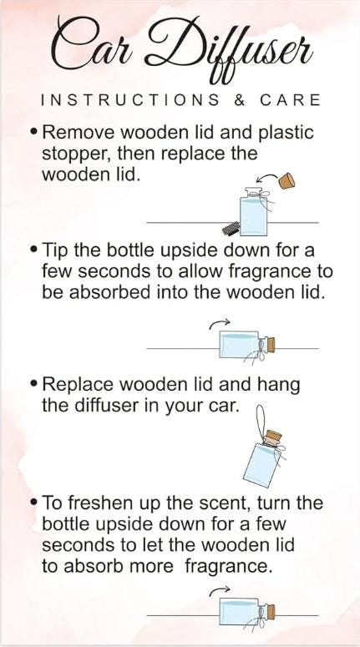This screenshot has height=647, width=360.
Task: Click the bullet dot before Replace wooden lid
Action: [x=33, y=385]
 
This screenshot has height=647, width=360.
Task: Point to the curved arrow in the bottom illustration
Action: [x=220, y=592]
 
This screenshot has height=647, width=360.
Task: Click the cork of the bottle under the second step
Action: [x=270, y=343]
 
